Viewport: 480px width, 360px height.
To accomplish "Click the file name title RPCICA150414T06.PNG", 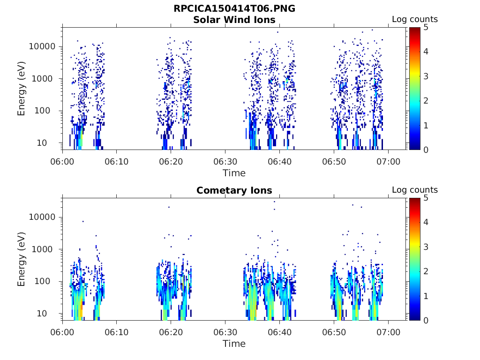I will click(234, 9).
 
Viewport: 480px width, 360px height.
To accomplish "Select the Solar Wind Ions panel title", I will click(234, 20).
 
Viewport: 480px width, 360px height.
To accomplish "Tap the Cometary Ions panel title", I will click(234, 190).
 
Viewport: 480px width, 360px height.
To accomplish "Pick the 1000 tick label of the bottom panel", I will click(46, 249).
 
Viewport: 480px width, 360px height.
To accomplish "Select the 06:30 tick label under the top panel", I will click(225, 161).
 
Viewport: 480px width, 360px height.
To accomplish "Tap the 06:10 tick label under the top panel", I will click(117, 161).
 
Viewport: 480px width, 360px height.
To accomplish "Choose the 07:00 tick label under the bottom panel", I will click(389, 332).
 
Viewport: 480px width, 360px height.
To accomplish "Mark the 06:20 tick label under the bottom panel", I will click(171, 332).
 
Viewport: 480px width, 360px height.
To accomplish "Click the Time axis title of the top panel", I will click(234, 173).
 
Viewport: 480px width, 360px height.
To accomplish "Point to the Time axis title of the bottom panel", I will click(234, 344).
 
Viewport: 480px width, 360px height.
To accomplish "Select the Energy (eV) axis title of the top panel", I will click(22, 89).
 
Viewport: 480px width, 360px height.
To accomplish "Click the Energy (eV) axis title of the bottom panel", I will click(22, 259).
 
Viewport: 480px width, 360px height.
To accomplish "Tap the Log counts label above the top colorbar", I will click(414, 20).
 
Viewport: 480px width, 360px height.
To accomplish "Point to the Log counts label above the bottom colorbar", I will click(414, 190).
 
